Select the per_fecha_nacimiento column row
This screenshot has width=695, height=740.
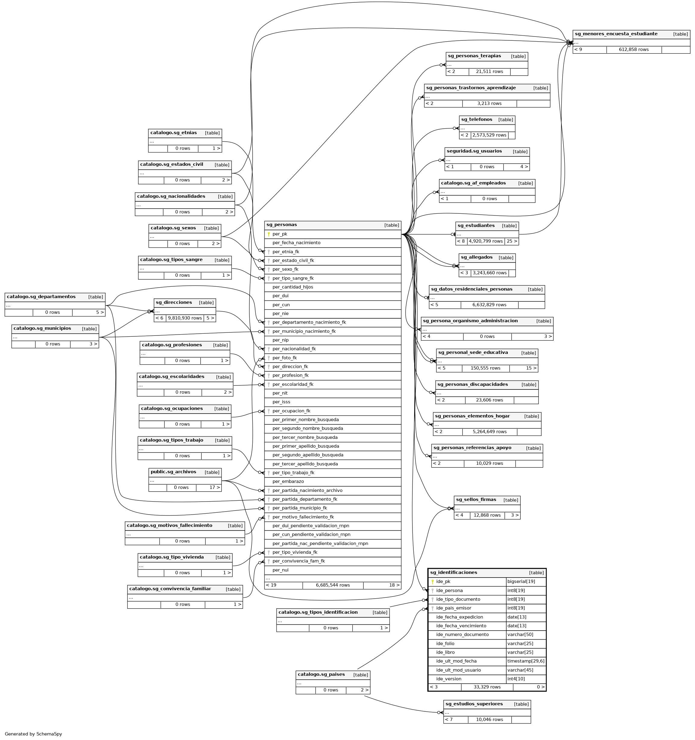point(296,243)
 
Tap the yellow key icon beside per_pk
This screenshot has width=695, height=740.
point(269,234)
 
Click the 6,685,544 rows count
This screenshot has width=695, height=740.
point(333,585)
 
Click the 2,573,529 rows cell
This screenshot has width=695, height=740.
point(489,135)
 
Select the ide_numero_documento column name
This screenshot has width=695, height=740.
point(462,635)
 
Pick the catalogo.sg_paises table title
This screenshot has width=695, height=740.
point(321,675)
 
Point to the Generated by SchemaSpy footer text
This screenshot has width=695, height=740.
point(33,734)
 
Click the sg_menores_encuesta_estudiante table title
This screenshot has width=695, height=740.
point(616,34)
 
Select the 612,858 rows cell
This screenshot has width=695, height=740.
point(633,49)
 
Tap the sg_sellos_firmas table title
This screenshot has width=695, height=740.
point(476,499)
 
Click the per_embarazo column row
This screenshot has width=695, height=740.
point(288,482)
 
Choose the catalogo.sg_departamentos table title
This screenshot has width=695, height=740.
point(41,297)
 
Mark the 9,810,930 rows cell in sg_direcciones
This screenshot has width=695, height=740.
point(185,318)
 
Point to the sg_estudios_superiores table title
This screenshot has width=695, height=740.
point(474,704)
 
